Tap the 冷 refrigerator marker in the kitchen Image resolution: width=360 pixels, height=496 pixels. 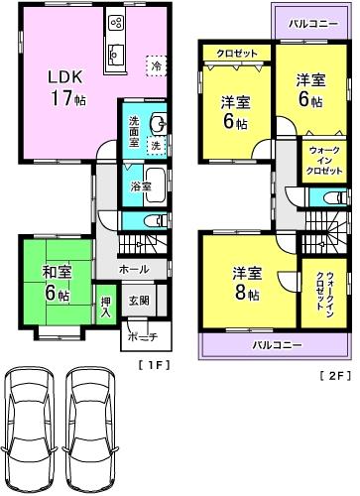click(x=156, y=64)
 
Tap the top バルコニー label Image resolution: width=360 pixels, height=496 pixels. click(x=310, y=22)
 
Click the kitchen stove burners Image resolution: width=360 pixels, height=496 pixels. click(x=115, y=22)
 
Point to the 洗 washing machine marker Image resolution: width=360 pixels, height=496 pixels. click(x=156, y=146)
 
